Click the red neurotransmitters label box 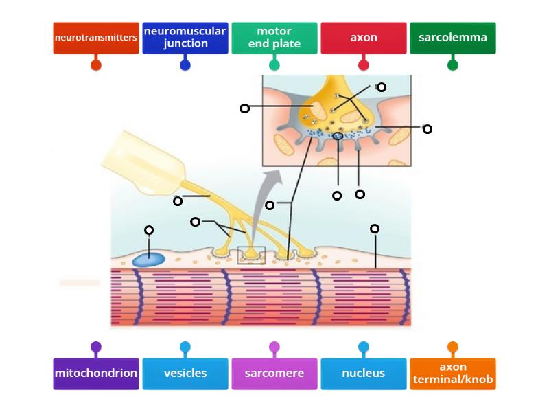coord(96,38)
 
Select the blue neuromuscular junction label coord(185,38)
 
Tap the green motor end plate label coord(274,38)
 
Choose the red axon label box coord(364,38)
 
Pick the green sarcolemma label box coord(453,38)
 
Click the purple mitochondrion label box coord(96,374)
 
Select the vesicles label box coord(185,374)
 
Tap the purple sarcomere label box coord(274,374)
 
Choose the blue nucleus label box coord(364,374)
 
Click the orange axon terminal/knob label coord(453,374)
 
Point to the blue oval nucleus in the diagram coord(148,260)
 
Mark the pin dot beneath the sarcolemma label coord(453,65)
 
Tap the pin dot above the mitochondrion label coord(96,347)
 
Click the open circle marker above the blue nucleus coord(149,230)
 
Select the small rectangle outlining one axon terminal coord(251,255)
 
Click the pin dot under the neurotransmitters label coord(96,65)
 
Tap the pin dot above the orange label coord(453,347)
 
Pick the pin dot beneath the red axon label coord(364,65)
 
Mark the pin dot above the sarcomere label coord(274,347)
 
